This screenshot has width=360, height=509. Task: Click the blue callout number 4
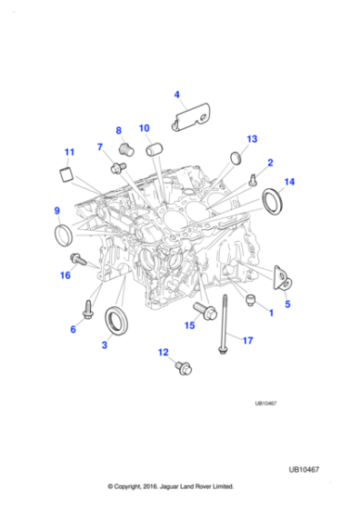pyautogui.click(x=176, y=94)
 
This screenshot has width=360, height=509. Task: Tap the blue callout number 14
pyautogui.click(x=289, y=183)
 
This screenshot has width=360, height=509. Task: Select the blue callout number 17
pyautogui.click(x=246, y=341)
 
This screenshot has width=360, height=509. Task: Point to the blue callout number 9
pyautogui.click(x=57, y=212)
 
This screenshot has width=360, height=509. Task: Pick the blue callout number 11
pyautogui.click(x=68, y=152)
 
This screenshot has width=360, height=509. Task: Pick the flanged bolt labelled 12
pyautogui.click(x=180, y=368)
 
